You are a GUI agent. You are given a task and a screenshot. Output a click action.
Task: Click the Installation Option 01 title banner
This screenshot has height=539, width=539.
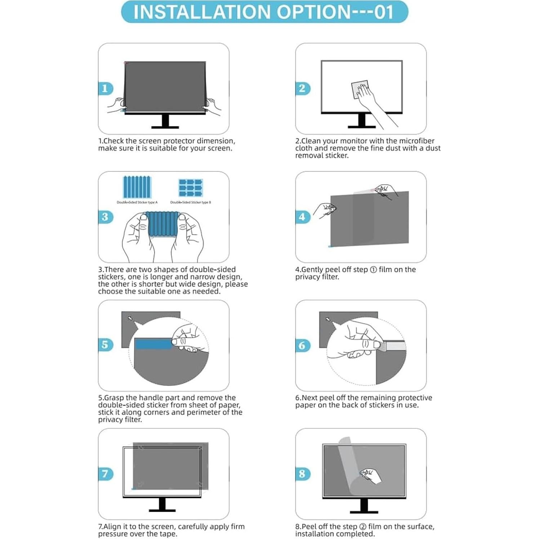(x=264, y=12)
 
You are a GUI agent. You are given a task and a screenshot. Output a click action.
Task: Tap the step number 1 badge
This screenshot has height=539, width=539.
(x=105, y=89)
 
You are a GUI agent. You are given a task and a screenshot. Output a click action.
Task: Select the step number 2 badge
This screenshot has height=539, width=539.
(x=302, y=89)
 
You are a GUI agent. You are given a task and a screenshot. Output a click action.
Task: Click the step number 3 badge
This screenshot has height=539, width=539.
(x=105, y=217)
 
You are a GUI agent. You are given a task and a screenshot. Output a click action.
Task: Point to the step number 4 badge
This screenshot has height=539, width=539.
(x=302, y=217)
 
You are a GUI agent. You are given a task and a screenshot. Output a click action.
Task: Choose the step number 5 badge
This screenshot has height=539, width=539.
(x=105, y=345)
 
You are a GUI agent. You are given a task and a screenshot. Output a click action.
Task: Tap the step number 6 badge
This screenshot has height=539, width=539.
(x=302, y=346)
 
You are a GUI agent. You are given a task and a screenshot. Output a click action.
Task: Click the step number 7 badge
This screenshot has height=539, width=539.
(x=105, y=473)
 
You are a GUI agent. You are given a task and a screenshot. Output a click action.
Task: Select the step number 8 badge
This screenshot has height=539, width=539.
(x=302, y=474)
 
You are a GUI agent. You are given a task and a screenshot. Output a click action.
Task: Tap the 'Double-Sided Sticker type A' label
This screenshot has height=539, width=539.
(x=137, y=202)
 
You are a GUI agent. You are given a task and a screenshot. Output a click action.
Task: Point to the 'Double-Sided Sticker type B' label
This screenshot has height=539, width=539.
(x=191, y=202)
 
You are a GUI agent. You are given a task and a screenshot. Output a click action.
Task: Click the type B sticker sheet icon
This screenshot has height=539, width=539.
(x=191, y=188)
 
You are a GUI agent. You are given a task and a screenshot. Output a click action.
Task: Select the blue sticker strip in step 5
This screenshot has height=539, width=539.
(x=153, y=344)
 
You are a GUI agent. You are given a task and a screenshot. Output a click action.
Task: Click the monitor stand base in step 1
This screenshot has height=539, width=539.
(x=165, y=127)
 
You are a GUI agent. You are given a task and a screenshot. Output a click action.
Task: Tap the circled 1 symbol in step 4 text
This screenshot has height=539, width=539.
(x=374, y=270)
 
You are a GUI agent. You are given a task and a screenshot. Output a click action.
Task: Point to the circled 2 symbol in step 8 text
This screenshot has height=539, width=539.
(x=363, y=527)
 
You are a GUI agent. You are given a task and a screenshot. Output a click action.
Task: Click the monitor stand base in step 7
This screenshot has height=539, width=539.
(x=162, y=510)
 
